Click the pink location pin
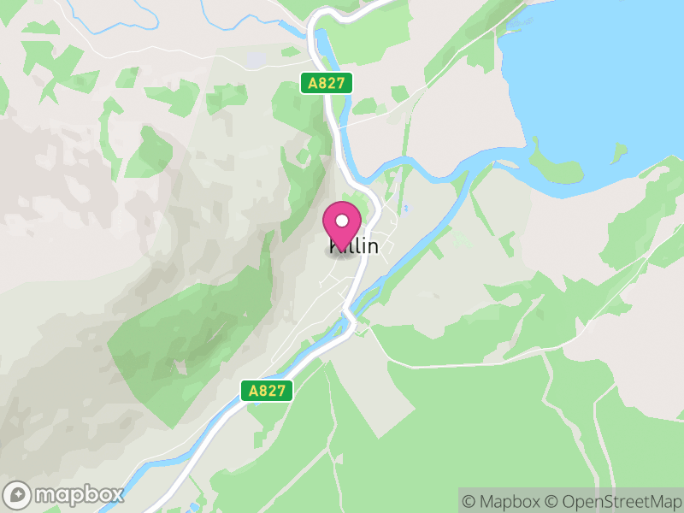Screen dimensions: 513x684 tap(342, 225)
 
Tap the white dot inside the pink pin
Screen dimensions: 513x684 tap(342, 221)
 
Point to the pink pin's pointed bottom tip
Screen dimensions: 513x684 tap(342, 251)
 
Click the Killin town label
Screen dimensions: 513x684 tap(354, 246)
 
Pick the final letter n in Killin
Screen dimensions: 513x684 tap(372, 246)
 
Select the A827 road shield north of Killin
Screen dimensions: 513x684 tap(327, 83)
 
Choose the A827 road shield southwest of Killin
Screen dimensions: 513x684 tap(267, 391)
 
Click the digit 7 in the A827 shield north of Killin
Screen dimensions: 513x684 tap(344, 83)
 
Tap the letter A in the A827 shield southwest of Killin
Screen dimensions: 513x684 tap(251, 391)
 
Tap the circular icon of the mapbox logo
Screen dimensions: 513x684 tap(18, 494)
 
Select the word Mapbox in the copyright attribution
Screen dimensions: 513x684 tap(510, 501)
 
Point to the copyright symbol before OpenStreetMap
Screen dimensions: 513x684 tap(551, 501)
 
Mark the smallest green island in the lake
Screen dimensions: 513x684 tap(618, 153)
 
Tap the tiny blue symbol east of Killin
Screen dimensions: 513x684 tap(405, 208)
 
